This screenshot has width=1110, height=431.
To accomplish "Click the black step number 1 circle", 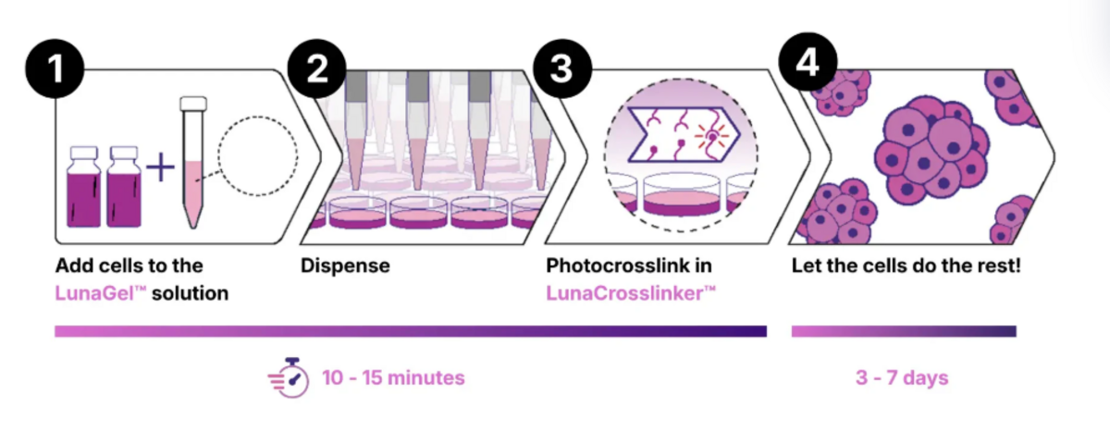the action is coord(55,68).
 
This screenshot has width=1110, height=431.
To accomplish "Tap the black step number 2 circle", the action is coord(316,68).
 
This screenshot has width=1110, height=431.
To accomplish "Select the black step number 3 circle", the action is coord(562,68).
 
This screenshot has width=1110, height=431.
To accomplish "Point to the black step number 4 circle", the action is coord(808,62).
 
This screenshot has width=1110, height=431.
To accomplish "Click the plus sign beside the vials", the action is coord(161,167).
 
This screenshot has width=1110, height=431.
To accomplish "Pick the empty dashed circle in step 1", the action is coord(258,155).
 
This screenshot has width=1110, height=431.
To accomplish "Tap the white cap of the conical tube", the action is coord(193,103).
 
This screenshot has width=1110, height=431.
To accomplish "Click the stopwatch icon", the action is coord(289,377).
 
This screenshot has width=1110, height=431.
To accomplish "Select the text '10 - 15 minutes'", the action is coord(393,378).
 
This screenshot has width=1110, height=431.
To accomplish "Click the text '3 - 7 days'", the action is coord(901,378).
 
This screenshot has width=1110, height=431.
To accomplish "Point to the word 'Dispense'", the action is coord(345,266).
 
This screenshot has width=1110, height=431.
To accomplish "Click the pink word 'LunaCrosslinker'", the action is coord(631,293).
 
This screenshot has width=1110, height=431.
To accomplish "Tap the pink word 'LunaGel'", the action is coord(101,293).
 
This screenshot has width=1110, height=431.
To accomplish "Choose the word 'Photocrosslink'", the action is coord(614,266).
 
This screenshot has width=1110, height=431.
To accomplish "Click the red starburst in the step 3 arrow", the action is coord(711,136).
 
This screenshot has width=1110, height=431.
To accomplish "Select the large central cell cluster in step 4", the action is coord(931,149).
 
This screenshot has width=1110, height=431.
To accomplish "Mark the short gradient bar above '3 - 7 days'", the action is coord(904,331).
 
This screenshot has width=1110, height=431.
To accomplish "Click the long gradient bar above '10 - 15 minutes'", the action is coord(411,331).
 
